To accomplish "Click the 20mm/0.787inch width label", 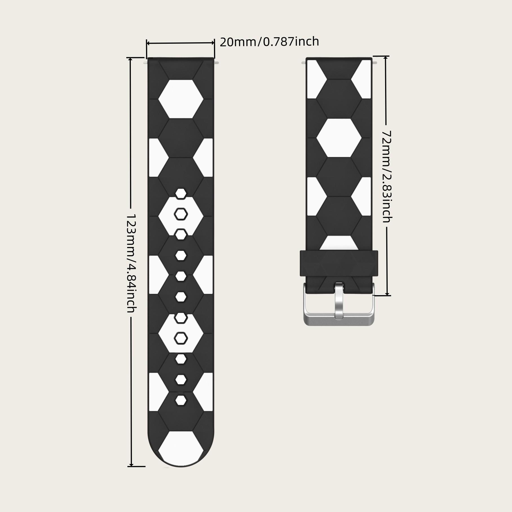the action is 269,42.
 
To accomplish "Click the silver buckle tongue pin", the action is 339,301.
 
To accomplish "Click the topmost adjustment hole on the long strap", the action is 181,194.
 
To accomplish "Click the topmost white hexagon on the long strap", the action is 181,99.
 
